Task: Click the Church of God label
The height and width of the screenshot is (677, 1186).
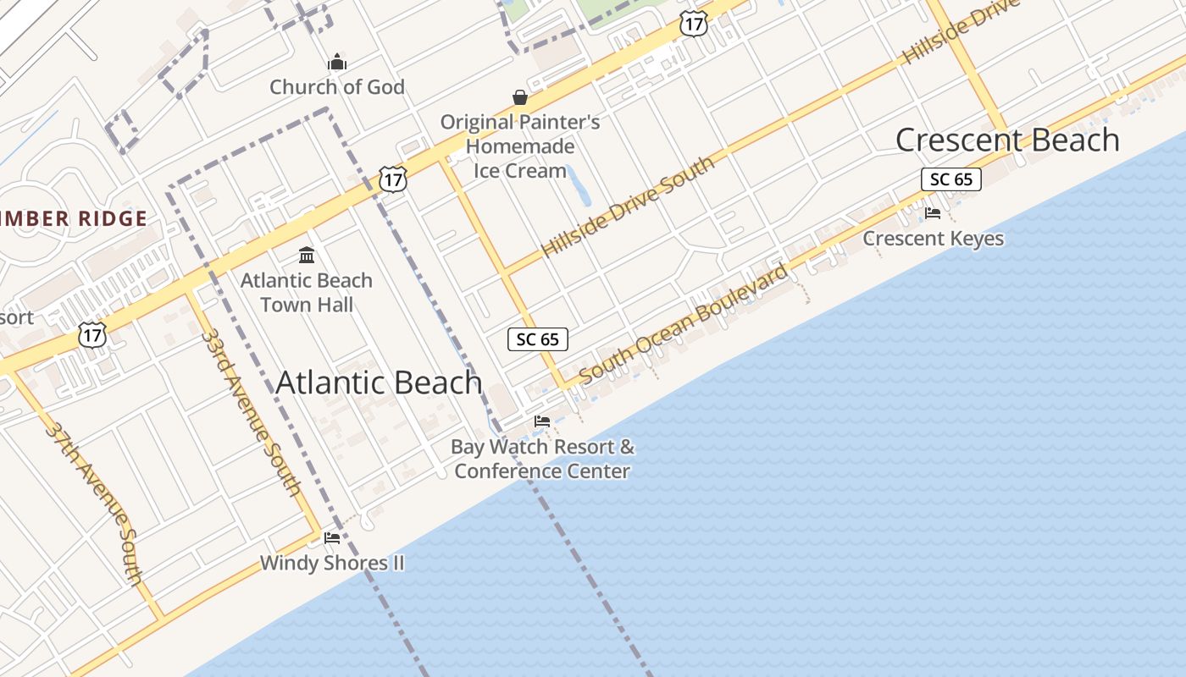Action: click(x=337, y=87)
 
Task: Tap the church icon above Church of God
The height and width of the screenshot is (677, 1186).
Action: click(x=337, y=62)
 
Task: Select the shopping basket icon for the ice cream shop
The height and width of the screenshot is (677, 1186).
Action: click(x=520, y=97)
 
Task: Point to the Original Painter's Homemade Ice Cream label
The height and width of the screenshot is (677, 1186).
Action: click(x=520, y=146)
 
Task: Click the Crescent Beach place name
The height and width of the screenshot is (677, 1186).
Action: click(x=1007, y=140)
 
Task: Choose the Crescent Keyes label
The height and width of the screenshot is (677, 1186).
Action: click(x=933, y=239)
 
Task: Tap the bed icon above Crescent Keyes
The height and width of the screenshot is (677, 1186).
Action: click(x=933, y=213)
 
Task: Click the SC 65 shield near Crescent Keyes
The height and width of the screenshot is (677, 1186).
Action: click(x=951, y=179)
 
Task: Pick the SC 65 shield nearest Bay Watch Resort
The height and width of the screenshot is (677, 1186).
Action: click(x=538, y=339)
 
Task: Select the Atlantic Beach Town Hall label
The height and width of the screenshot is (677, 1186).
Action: click(x=307, y=292)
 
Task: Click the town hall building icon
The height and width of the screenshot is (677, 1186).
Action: click(x=307, y=255)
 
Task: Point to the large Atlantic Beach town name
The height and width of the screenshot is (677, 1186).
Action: click(x=379, y=383)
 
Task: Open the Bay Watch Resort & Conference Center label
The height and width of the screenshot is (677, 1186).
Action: click(x=542, y=459)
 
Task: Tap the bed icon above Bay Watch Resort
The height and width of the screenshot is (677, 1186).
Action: click(x=542, y=421)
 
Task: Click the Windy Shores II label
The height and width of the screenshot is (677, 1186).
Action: click(x=332, y=563)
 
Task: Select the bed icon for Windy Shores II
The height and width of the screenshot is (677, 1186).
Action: click(x=332, y=537)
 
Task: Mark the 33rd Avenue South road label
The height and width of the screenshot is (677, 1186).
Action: click(x=251, y=411)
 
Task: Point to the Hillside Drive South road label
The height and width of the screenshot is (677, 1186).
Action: click(x=628, y=207)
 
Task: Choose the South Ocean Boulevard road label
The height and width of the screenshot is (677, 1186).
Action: click(x=684, y=325)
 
